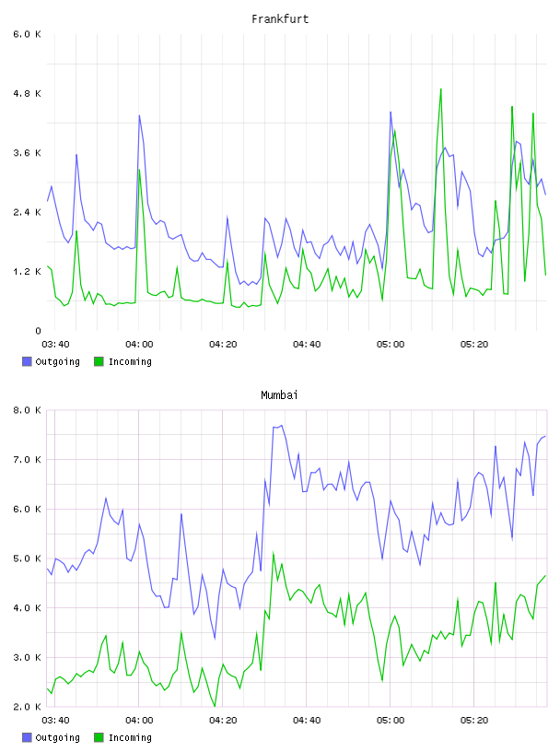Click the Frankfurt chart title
[280, 19]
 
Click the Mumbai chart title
[279, 395]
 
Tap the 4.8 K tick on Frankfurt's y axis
[27, 93]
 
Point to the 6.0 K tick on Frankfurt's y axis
[27, 34]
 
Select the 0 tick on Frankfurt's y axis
[38, 331]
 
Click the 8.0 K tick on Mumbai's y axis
[27, 410]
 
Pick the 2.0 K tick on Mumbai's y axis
[27, 707]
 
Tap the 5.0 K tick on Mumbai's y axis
[27, 558]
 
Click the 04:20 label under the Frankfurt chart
[223, 345]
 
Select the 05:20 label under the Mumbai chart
[474, 721]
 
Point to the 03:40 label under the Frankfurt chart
[55, 345]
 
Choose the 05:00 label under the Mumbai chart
[391, 721]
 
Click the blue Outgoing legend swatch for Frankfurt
[27, 361]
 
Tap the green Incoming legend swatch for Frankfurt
[99, 361]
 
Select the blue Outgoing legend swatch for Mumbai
[27, 737]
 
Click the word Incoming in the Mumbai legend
[130, 737]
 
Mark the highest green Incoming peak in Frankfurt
[440, 89]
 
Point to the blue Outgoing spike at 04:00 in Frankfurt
[139, 115]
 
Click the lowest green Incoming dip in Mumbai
[215, 706]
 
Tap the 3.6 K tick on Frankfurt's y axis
[27, 153]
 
